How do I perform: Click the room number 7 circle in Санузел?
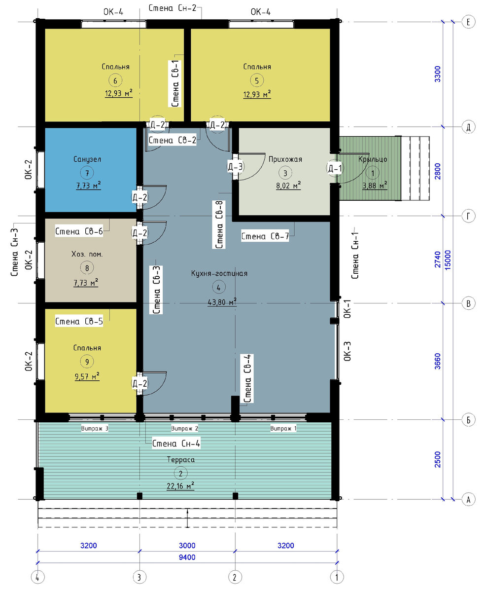pyautogui.click(x=87, y=173)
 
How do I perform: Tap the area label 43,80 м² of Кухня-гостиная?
pyautogui.click(x=222, y=302)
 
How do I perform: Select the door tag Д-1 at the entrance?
pyautogui.click(x=335, y=168)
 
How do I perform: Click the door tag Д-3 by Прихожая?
pyautogui.click(x=235, y=167)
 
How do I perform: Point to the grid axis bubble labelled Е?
pyautogui.click(x=468, y=22)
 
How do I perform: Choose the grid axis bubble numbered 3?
pyautogui.click(x=139, y=577)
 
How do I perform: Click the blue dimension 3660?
pyautogui.click(x=438, y=361)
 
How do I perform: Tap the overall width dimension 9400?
pyautogui.click(x=187, y=557)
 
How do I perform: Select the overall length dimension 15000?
pyautogui.click(x=448, y=260)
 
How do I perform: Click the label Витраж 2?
pyautogui.click(x=184, y=428)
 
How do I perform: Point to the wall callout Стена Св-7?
pyautogui.click(x=265, y=236)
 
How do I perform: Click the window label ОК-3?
pyautogui.click(x=347, y=351)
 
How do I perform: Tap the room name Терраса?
pyautogui.click(x=180, y=459)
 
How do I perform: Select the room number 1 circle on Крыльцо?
pyautogui.click(x=373, y=173)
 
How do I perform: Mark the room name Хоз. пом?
pyautogui.click(x=87, y=254)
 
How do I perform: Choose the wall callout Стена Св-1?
pyautogui.click(x=175, y=83)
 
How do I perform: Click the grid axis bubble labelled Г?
pyautogui.click(x=468, y=216)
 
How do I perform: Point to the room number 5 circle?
pyautogui.click(x=257, y=80)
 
